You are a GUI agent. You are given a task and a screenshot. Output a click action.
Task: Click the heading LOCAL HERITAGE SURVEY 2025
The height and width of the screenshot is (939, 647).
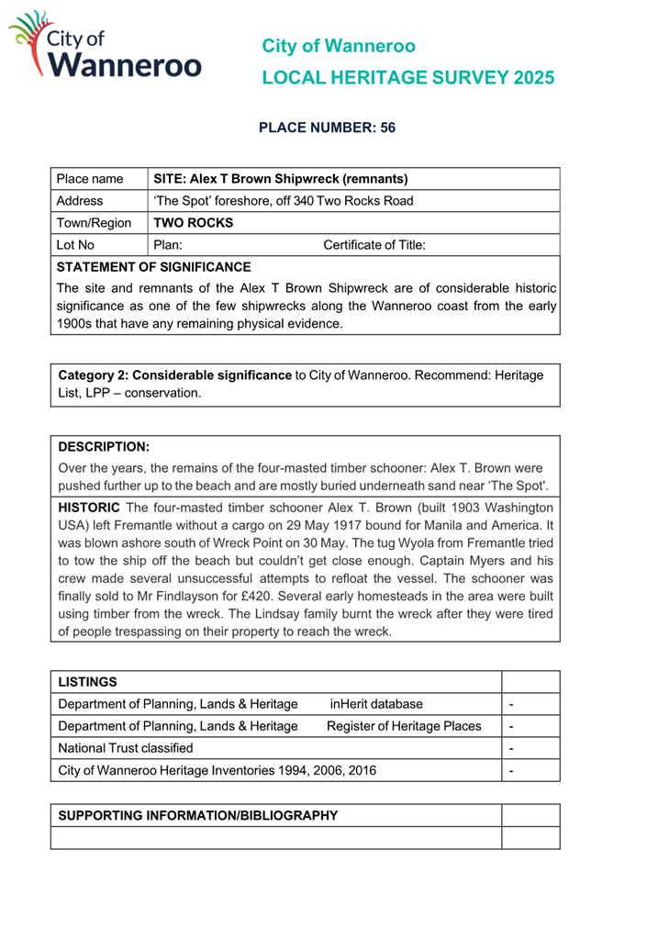coord(407,78)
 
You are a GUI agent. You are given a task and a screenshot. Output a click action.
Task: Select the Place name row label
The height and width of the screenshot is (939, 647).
coord(90,178)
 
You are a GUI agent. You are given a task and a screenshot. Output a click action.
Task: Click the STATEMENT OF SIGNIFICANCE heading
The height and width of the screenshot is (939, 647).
coord(153,267)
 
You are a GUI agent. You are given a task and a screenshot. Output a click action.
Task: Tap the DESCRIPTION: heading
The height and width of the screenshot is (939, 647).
coord(104,447)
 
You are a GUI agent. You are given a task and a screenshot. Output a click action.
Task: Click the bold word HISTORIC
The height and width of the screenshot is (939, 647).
coord(89,507)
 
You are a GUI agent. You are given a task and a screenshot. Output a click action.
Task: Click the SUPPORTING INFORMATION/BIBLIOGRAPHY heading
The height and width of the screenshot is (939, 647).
coord(198,815)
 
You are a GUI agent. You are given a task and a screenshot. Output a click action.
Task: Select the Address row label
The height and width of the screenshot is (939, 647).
coord(80,200)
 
